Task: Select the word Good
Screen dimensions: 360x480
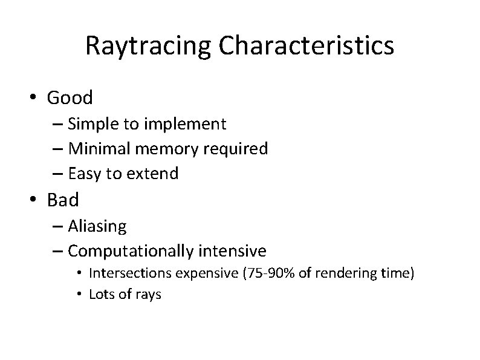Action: pyautogui.click(x=70, y=97)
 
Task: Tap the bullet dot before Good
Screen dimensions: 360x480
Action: pyautogui.click(x=35, y=98)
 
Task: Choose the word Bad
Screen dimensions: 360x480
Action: pyautogui.click(x=62, y=199)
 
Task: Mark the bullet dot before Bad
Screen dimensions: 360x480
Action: pyautogui.click(x=35, y=200)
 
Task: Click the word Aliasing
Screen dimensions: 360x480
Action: pyautogui.click(x=97, y=226)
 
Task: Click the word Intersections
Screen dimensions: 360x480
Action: pyautogui.click(x=130, y=273)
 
